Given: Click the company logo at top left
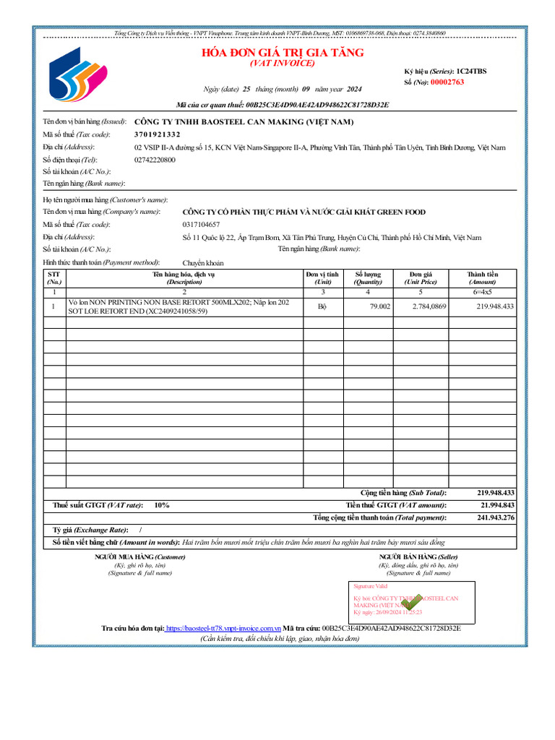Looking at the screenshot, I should tap(77, 77).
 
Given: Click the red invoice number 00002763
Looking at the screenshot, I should tap(447, 82).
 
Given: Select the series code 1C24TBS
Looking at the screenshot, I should tap(471, 71).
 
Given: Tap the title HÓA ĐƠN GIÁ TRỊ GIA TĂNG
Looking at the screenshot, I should tap(283, 53).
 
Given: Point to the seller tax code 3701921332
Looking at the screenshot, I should tap(158, 134).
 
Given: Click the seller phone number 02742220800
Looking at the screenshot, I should tap(155, 159).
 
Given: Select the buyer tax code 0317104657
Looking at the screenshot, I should tap(202, 225).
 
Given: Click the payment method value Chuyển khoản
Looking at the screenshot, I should tap(203, 263).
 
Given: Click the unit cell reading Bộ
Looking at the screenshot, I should tap(322, 306).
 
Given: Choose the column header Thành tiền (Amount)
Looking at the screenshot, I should tap(482, 278).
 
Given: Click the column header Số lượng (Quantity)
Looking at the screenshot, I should tap(368, 278).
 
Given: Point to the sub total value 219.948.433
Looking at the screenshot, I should tap(496, 492).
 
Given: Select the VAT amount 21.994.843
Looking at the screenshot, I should tap(497, 505).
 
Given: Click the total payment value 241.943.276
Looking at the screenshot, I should tap(496, 517).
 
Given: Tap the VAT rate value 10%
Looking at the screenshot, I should tap(161, 505).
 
